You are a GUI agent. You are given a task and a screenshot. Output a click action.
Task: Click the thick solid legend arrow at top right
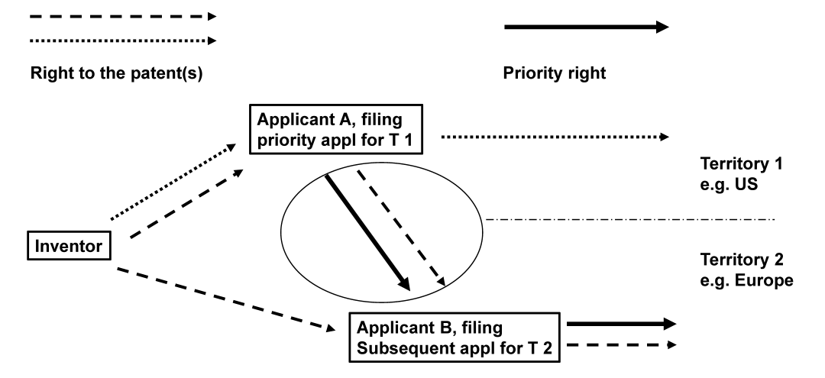(586, 27)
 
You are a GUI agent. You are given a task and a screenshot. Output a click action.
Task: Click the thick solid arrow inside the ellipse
(367, 232)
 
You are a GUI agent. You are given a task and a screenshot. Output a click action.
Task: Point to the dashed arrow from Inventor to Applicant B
(226, 299)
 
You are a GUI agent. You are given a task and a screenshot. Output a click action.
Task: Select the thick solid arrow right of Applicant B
(621, 324)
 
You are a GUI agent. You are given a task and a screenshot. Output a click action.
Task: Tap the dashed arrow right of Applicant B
(621, 345)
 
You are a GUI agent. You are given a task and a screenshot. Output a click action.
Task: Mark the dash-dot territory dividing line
(630, 220)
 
